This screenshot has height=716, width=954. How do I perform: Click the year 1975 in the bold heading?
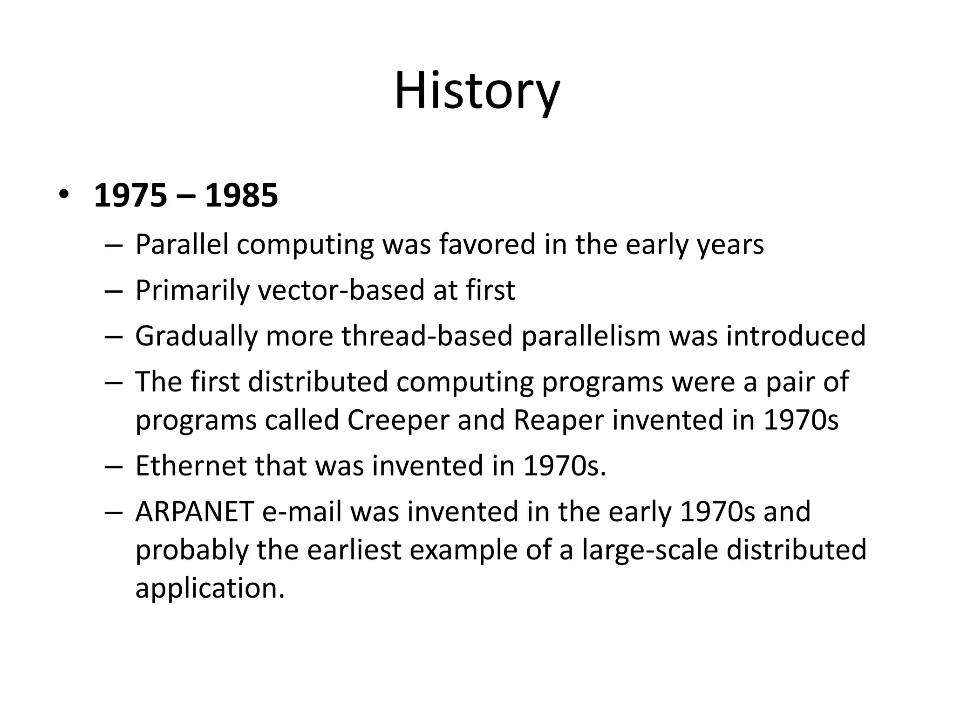pyautogui.click(x=130, y=195)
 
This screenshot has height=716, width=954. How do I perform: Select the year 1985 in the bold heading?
pyautogui.click(x=241, y=195)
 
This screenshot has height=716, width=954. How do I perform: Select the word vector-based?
pyautogui.click(x=341, y=290)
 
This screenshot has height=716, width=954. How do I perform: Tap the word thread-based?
pyautogui.click(x=427, y=336)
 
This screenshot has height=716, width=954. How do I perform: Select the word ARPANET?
pyautogui.click(x=194, y=511)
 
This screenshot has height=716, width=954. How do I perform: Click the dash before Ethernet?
pyautogui.click(x=113, y=467)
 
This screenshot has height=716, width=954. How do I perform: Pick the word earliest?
pyautogui.click(x=354, y=550)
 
